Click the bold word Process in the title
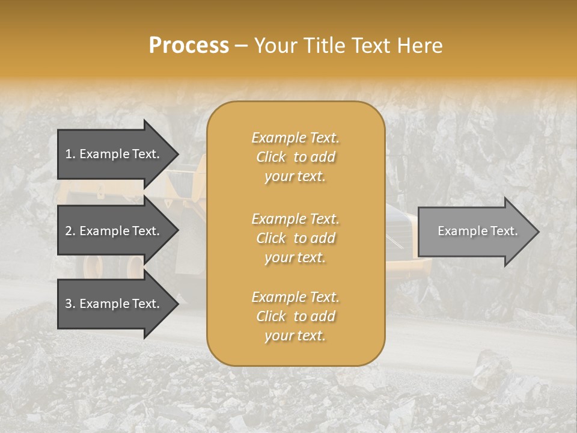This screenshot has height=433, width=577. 189,46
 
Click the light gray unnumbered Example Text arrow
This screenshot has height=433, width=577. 475,231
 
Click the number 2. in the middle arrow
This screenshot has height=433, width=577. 70,231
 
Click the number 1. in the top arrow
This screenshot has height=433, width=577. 70,154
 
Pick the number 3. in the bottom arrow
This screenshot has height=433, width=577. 70,304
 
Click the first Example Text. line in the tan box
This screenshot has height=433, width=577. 295,138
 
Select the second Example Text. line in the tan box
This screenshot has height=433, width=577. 295,218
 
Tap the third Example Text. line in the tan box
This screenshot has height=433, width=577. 295,297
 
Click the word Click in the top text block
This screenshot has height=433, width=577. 271,157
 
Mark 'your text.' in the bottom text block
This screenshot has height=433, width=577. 295,336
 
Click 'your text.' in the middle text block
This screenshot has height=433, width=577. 295,257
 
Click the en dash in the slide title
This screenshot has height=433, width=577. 241,46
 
